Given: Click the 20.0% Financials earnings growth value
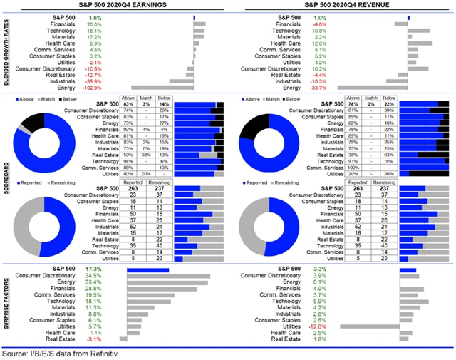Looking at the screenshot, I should [x=94, y=24].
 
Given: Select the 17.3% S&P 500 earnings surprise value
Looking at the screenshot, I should [x=94, y=270].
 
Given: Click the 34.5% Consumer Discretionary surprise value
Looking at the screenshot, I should [x=94, y=275].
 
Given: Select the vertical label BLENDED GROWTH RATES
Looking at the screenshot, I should [x=7, y=53].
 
